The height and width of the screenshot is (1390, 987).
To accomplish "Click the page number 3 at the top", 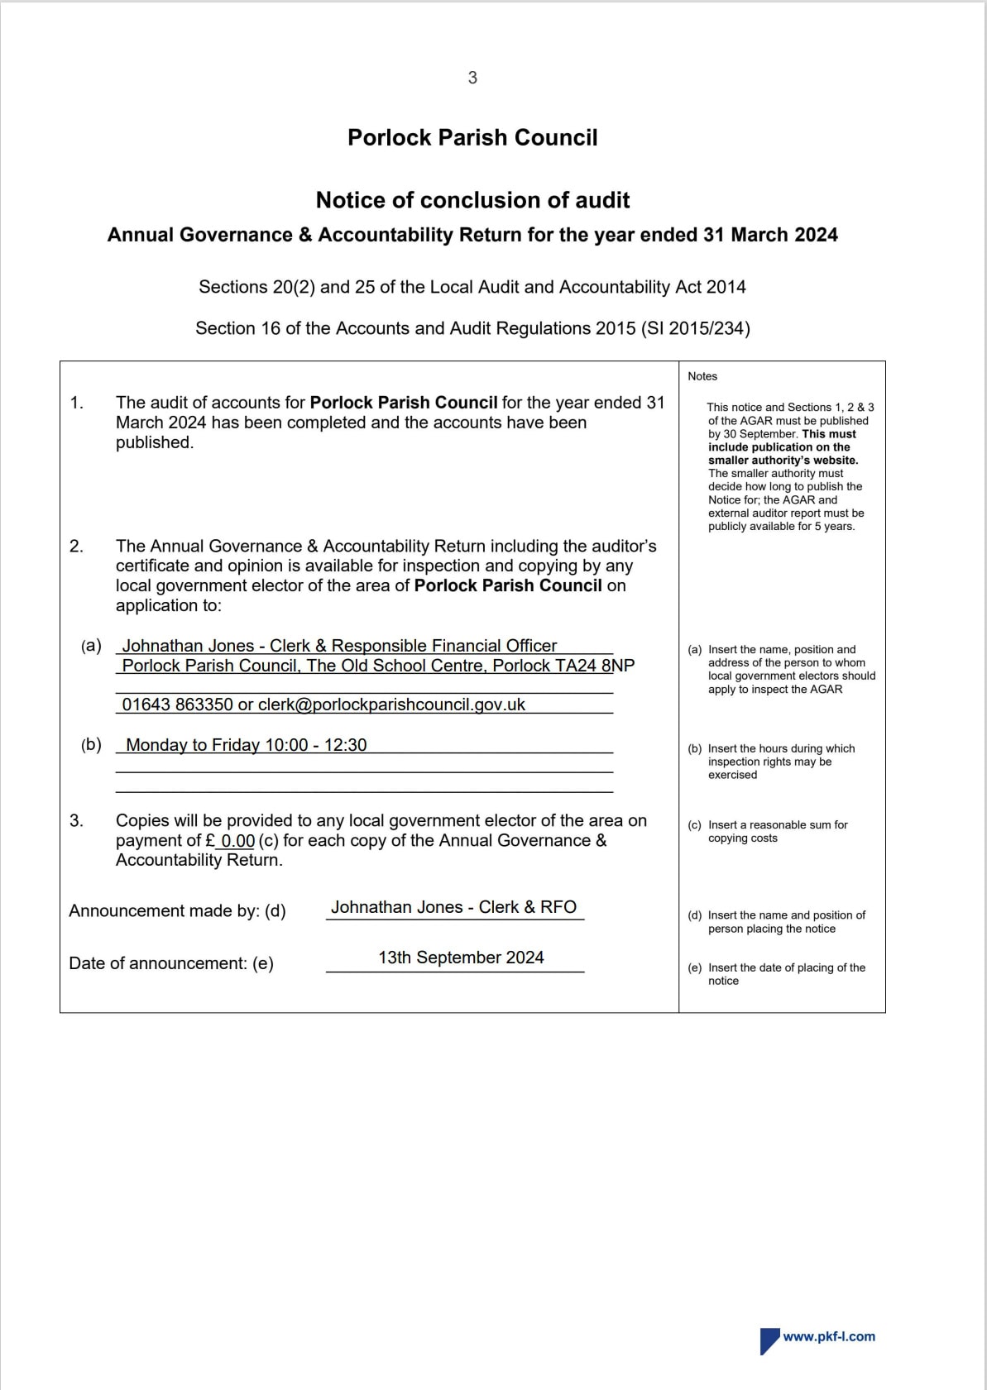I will coord(472,78).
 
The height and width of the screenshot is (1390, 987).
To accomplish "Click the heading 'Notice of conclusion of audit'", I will coord(472,200).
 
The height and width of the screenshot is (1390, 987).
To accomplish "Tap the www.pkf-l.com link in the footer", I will coord(829,1336).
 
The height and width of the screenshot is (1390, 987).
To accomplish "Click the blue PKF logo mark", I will coord(769,1340).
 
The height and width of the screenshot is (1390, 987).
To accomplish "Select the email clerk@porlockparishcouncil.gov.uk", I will coord(391,705).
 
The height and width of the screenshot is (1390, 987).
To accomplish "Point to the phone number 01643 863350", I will coord(178,705).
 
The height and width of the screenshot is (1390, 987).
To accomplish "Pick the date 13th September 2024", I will coord(461,958).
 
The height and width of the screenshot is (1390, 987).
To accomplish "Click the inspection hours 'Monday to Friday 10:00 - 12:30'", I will coord(246,745).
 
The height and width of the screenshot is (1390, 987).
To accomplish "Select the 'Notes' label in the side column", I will coord(702,376).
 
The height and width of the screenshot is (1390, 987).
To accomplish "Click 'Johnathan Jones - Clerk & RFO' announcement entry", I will coord(453,907).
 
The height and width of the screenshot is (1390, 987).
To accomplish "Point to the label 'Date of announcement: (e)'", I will coord(171,963).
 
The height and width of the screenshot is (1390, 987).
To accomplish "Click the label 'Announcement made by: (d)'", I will coord(177,911).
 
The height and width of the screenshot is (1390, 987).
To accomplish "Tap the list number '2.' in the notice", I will coord(76,547).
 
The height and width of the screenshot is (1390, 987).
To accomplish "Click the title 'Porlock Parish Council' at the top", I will coord(472,137).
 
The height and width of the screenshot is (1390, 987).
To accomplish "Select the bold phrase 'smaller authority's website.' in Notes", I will coord(783,461).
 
